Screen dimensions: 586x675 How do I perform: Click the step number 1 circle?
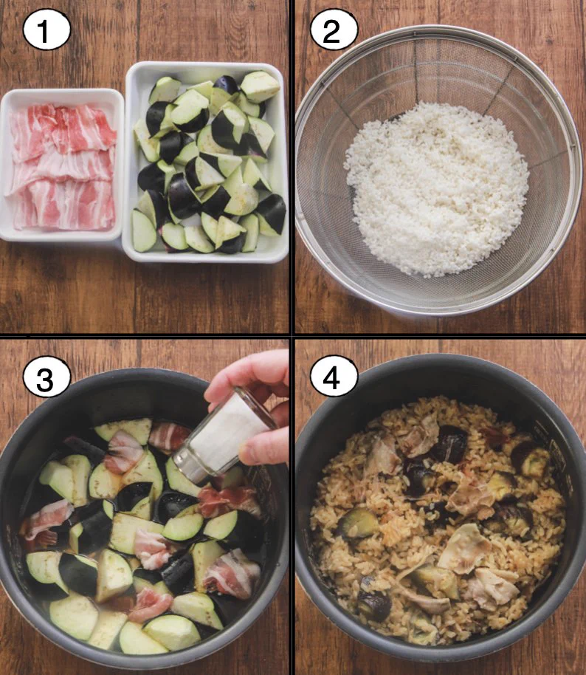pyautogui.click(x=46, y=30)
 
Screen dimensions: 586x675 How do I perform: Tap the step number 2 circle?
pyautogui.click(x=334, y=30)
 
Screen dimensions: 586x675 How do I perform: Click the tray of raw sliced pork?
pyautogui.click(x=61, y=165)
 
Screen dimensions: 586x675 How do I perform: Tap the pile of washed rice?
pyautogui.click(x=437, y=188)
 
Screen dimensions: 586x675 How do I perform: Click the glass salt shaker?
pyautogui.click(x=224, y=436)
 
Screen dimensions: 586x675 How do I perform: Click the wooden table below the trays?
pyautogui.click(x=144, y=297)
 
